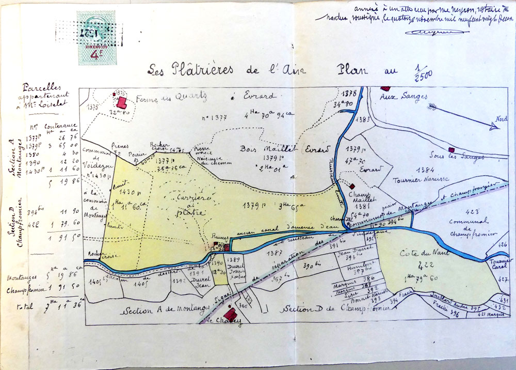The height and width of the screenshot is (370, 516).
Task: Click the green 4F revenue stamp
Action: [96, 38]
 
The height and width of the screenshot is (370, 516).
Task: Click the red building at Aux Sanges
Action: [384, 89]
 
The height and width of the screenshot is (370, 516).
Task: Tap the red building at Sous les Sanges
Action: [451, 150]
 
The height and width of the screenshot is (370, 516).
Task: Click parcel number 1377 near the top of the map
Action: [212, 118]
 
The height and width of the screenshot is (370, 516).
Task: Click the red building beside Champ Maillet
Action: [352, 186]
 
